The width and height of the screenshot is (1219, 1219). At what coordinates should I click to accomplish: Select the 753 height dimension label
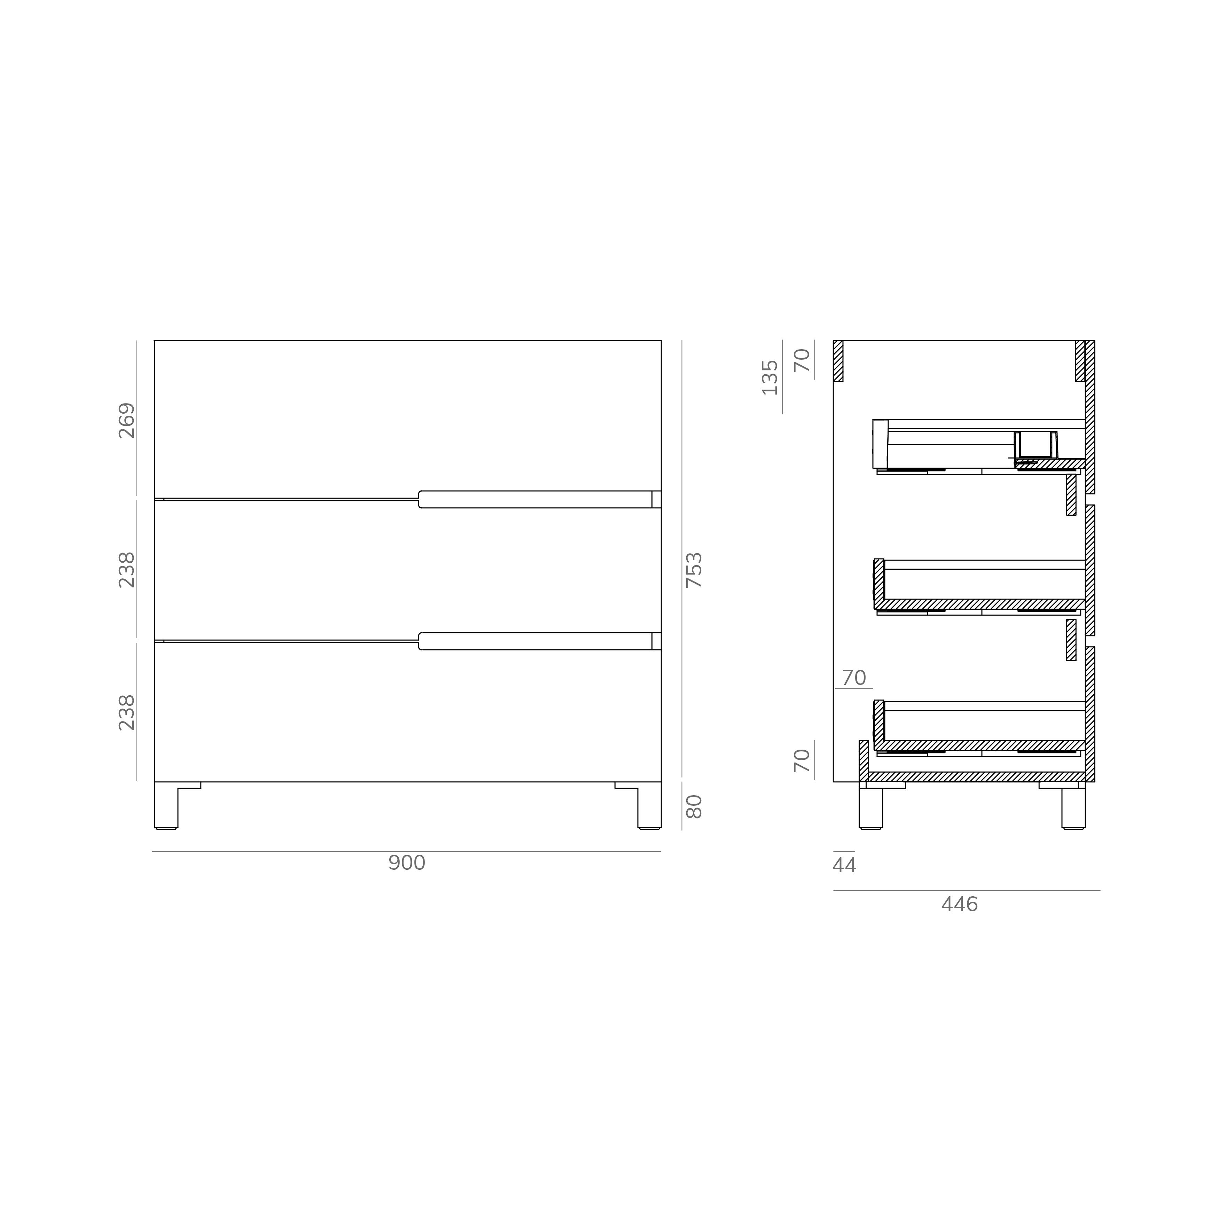(x=694, y=570)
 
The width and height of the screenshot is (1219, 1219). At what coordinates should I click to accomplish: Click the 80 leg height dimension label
(x=694, y=806)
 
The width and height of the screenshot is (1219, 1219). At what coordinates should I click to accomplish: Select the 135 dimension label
(x=770, y=377)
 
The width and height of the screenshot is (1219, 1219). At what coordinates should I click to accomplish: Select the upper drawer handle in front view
(x=536, y=499)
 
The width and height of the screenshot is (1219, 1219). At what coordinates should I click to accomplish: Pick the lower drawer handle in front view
(x=536, y=641)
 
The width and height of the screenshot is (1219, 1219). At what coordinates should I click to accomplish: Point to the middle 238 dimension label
(x=127, y=570)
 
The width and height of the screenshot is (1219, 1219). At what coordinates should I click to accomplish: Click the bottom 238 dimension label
(x=127, y=712)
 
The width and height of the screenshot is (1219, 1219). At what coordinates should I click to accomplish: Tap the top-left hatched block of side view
(x=838, y=361)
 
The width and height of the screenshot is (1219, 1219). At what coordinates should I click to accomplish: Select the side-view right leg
(x=1073, y=808)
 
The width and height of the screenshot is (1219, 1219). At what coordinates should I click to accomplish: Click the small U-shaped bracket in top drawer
(x=1036, y=445)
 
